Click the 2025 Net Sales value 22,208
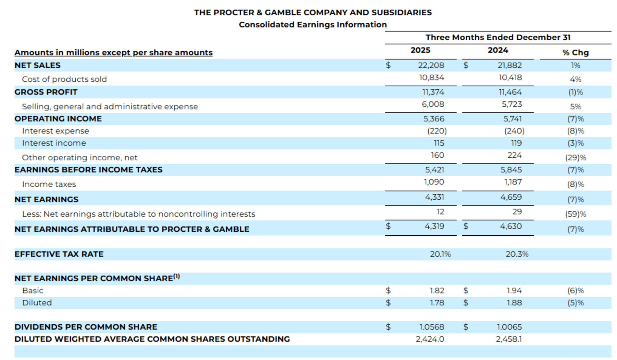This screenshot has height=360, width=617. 431,65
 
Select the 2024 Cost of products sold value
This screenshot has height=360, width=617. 510,78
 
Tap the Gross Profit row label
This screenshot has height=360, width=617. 46,92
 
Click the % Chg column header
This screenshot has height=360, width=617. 575,53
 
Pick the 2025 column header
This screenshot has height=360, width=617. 420,50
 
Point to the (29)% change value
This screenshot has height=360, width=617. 575,158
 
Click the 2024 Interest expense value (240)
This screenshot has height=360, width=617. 514,131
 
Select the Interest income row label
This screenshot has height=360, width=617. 54,143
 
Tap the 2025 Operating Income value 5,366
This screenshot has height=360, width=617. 434,119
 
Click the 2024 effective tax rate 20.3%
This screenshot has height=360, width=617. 517,254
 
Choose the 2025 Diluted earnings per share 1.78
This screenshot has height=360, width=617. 437,303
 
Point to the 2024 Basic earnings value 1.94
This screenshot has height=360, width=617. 514,291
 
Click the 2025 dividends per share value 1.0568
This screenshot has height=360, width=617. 432,327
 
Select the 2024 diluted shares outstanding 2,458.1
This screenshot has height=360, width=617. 509,339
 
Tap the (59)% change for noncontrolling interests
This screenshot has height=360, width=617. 575,214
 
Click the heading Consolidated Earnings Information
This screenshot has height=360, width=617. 313,25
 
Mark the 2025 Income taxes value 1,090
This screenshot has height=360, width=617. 434,182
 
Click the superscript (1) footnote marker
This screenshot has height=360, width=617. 176,277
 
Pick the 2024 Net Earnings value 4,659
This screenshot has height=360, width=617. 511,197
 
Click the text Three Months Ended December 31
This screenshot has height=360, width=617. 498,37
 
